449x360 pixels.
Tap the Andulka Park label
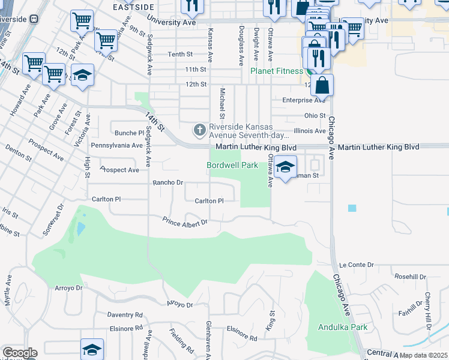click(343, 328)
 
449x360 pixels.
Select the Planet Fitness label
click(277, 71)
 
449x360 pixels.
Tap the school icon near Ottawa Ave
click(286, 167)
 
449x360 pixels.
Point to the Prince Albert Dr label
click(185, 222)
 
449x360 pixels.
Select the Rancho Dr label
click(168, 182)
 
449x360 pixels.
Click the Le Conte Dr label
click(357, 264)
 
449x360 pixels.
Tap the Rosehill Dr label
click(411, 277)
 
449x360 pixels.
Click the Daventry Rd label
click(125, 314)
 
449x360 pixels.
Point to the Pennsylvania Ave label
click(116, 145)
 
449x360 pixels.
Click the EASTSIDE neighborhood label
click(133, 7)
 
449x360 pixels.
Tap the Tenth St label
click(180, 54)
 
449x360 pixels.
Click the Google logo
click(20, 353)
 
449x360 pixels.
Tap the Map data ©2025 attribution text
click(423, 355)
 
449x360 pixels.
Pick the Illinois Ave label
click(310, 130)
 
